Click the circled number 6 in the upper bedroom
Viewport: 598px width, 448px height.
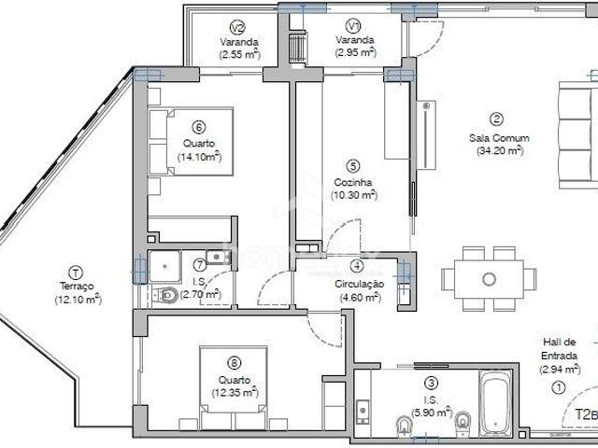[198, 127]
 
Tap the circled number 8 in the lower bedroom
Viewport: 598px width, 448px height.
[233, 364]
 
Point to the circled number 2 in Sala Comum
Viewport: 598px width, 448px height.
[497, 119]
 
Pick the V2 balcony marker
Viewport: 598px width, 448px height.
[237, 26]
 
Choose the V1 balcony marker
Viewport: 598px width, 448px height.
[352, 26]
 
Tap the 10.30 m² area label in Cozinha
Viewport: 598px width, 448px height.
[353, 195]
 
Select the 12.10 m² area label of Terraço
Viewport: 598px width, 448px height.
[78, 300]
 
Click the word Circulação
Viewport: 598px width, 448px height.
[359, 284]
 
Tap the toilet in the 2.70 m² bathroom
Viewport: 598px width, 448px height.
[169, 295]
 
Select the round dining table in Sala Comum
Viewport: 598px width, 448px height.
[489, 278]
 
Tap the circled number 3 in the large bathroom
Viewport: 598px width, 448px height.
[430, 381]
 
